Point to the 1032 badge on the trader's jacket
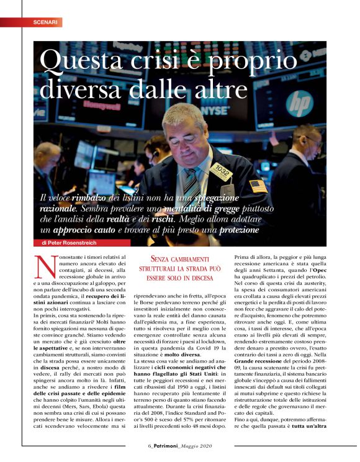point(220,170)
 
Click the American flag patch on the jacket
point(256,186)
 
